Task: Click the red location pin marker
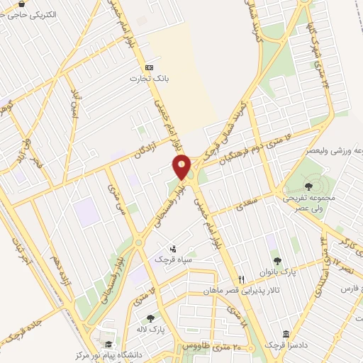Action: click(182, 166)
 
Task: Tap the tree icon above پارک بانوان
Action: click(277, 260)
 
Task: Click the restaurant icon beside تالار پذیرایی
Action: click(242, 279)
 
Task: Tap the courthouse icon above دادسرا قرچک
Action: click(286, 333)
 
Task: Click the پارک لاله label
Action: click(150, 330)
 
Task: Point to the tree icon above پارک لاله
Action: click(150, 318)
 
